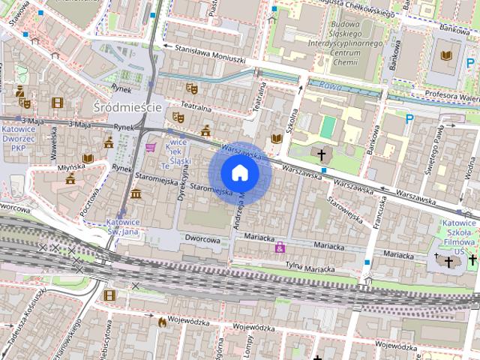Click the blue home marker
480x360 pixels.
coord(240,173)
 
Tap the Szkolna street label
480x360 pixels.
coord(295,118)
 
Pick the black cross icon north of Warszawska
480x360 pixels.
coord(322,155)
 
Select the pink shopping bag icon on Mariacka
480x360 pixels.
coord(280,247)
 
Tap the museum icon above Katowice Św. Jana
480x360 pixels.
coord(136,195)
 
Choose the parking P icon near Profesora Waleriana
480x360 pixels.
coord(409,118)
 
